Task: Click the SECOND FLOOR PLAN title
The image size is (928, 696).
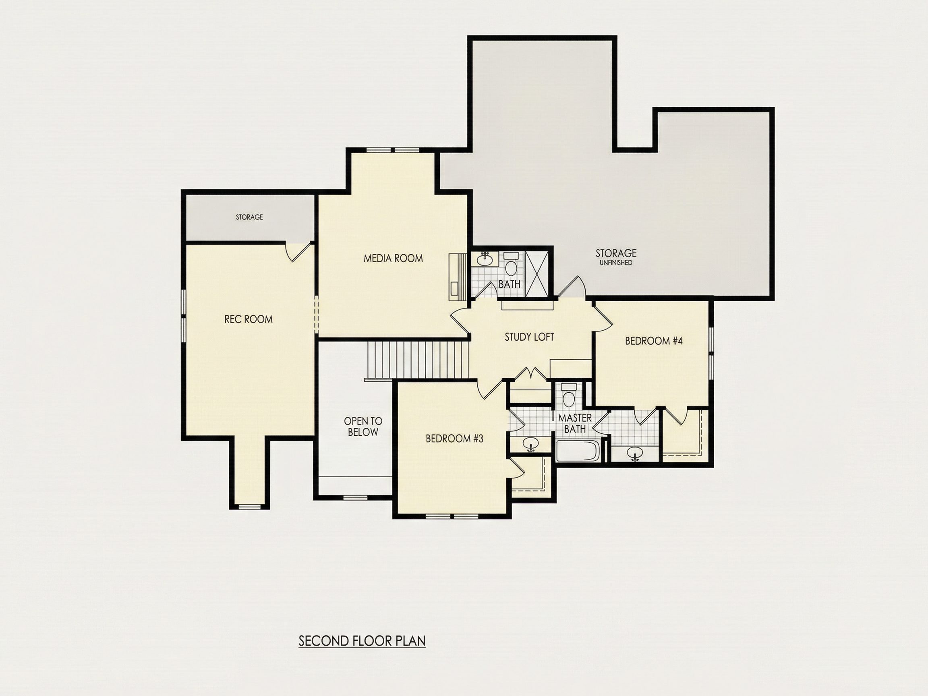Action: (362, 641)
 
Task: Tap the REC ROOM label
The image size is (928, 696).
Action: (249, 319)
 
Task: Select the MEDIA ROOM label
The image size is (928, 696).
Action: (393, 259)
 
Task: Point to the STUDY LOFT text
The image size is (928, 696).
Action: (529, 337)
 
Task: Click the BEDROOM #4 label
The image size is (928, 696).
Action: (654, 341)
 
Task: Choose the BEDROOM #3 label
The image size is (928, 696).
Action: (454, 438)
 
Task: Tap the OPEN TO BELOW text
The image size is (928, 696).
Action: (363, 426)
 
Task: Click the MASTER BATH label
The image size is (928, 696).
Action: (575, 423)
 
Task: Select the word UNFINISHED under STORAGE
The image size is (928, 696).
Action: (616, 263)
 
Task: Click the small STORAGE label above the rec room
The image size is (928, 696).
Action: (249, 217)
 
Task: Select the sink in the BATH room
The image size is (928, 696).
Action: (485, 259)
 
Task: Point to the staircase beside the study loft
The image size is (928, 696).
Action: (418, 360)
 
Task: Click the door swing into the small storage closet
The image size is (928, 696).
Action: (299, 251)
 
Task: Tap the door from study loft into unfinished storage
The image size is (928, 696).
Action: (570, 287)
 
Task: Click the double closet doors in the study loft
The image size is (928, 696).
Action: (532, 373)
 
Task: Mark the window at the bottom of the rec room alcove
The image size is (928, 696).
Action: (249, 506)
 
